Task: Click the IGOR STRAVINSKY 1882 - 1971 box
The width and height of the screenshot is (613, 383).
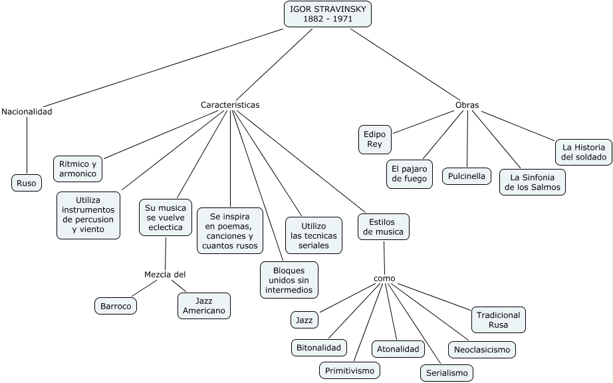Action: coord(328,14)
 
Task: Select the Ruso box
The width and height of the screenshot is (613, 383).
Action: coord(27,183)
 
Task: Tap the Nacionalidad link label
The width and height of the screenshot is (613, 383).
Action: coord(27,112)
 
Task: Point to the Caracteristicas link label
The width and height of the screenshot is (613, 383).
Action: coord(230,105)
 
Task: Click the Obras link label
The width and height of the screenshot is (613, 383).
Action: coord(467,105)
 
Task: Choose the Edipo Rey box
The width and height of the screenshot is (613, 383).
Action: coord(375,139)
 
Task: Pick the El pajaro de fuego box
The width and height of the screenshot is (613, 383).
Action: coord(410,174)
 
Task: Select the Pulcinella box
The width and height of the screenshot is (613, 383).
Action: coord(467,176)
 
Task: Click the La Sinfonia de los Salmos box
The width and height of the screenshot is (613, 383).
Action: coord(533,182)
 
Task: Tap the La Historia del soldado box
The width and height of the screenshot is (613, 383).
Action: coord(584,152)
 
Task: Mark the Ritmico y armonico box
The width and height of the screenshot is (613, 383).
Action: coord(78,169)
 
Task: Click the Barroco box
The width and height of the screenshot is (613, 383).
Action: coord(116,306)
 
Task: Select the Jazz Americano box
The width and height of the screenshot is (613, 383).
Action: coord(204,306)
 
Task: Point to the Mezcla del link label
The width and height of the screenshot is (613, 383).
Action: coord(165,275)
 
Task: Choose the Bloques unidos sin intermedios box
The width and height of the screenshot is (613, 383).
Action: coord(289,280)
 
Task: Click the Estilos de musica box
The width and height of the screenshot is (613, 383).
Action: coord(384,227)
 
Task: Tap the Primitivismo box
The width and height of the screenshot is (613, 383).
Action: coord(350,370)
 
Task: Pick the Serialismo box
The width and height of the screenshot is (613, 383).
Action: coord(447,373)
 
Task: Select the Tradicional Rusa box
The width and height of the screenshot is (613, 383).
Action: coord(499,320)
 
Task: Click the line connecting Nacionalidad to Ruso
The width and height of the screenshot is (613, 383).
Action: coord(27,146)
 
